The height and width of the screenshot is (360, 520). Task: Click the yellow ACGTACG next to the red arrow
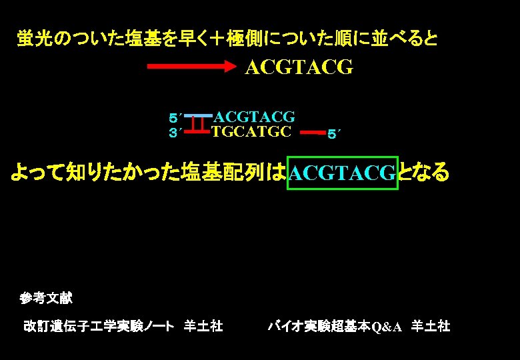[299, 68]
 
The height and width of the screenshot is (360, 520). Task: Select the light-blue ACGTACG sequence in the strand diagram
[254, 117]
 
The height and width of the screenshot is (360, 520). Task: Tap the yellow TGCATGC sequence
[251, 131]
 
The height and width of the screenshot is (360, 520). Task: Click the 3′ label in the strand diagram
[175, 133]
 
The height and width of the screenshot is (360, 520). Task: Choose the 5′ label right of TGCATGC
[334, 135]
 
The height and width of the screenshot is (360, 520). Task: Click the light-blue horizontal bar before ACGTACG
[198, 116]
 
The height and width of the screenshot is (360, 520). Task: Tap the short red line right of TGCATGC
[312, 133]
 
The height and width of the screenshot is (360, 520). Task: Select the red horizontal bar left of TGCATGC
[197, 132]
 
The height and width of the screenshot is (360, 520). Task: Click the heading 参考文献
[46, 298]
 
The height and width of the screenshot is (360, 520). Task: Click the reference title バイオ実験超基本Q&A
[335, 326]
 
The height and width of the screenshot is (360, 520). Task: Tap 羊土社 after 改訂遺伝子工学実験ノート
[203, 326]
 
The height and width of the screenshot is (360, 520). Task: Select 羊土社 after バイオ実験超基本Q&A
[431, 326]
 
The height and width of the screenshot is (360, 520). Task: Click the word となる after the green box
[424, 173]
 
